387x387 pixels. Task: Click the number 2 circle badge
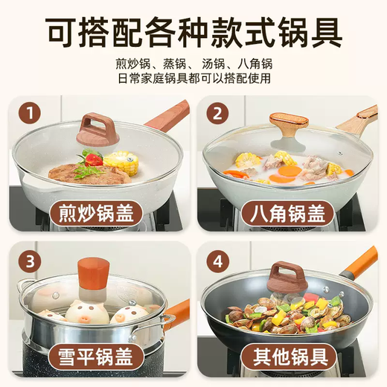pos(217,114)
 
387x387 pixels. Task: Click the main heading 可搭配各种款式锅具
pos(193,31)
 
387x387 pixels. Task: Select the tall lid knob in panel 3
pos(94,279)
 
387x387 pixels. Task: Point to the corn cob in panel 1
pos(121,161)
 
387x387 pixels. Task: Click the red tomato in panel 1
pos(93,159)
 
